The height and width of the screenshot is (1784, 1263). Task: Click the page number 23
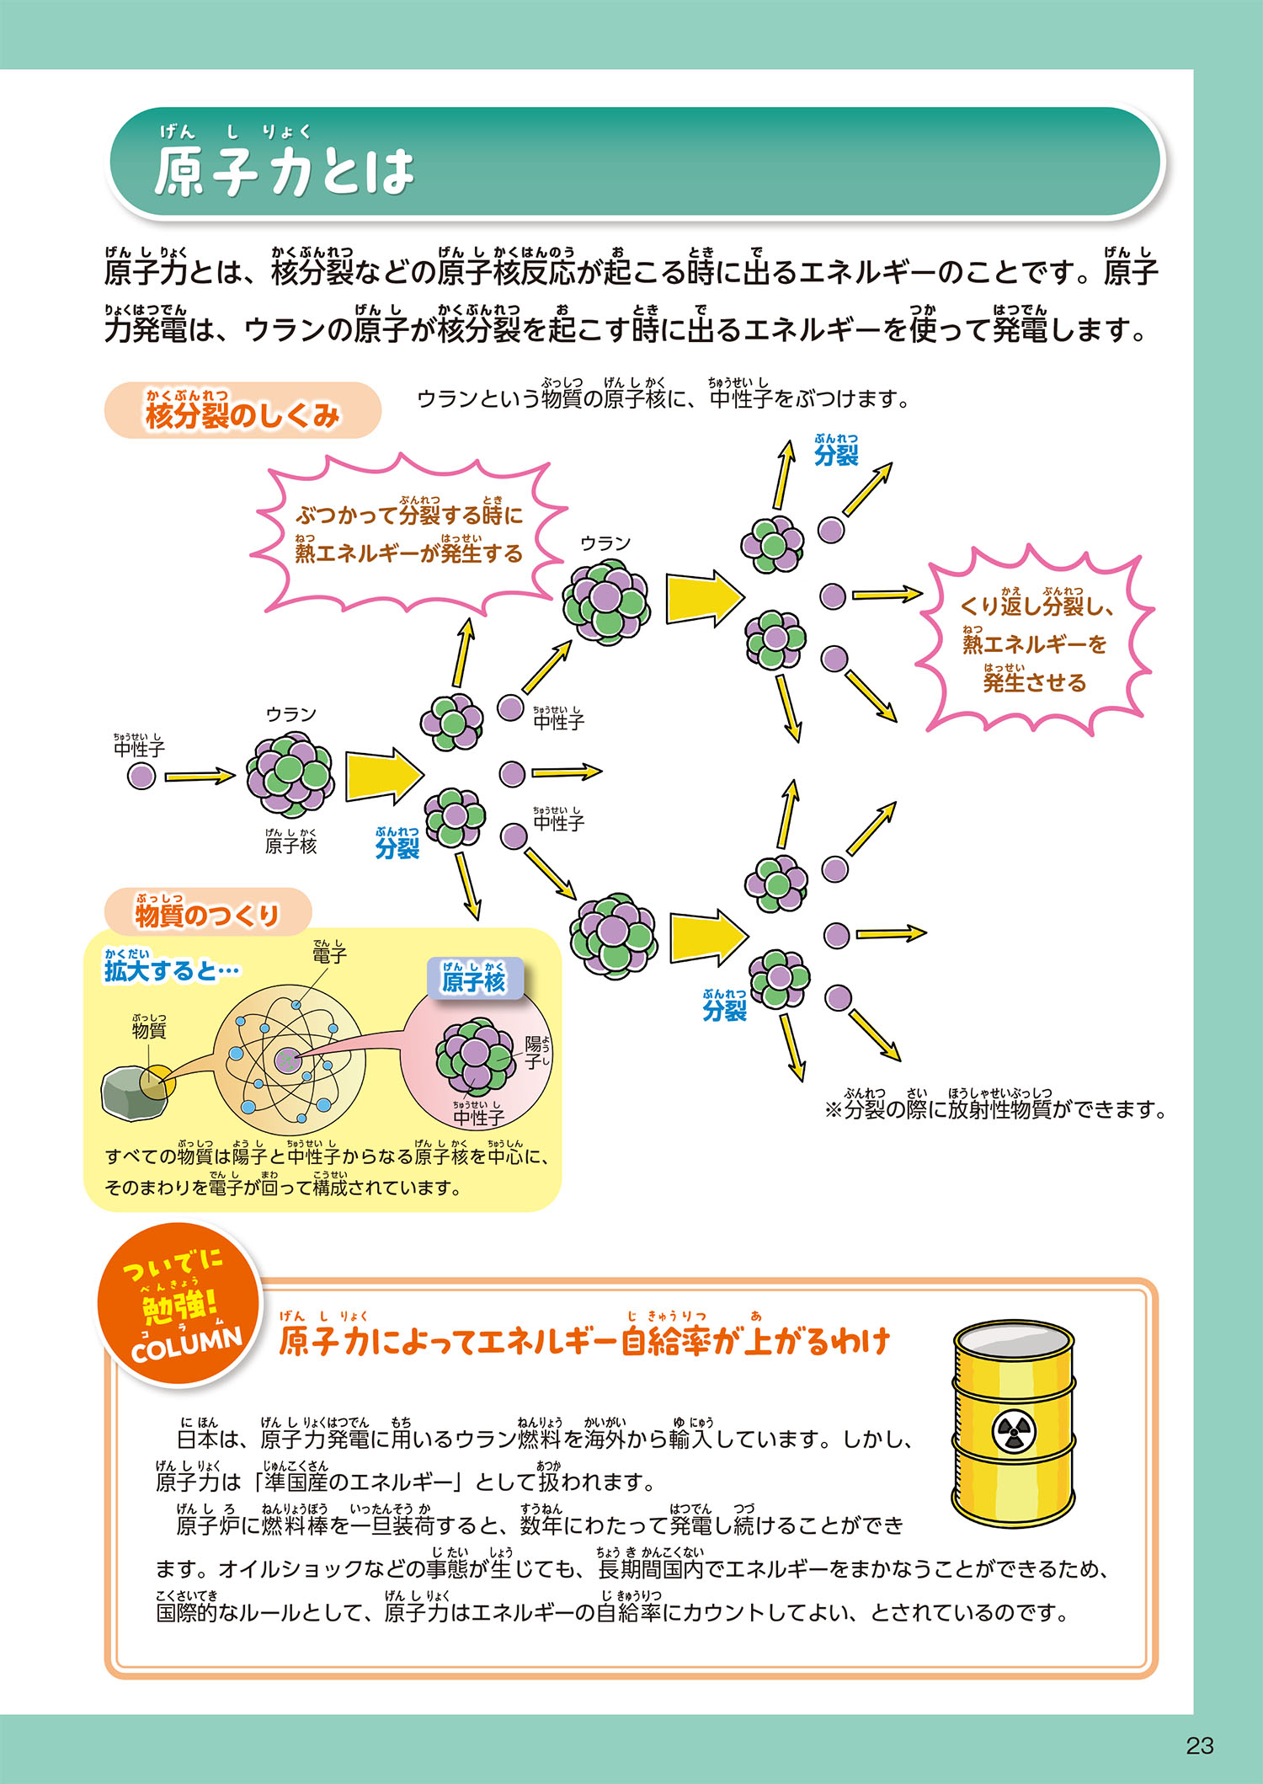point(1199,1745)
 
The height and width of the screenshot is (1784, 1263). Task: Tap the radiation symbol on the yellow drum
point(1014,1432)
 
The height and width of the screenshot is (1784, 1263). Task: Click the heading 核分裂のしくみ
point(242,413)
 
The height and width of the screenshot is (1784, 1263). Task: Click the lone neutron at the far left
point(141,776)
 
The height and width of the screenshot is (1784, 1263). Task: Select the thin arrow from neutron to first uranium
point(200,776)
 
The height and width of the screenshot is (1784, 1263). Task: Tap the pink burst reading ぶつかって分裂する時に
point(409,534)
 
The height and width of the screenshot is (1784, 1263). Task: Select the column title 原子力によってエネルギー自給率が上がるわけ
point(584,1342)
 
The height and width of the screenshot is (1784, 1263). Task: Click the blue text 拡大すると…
point(171,971)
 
